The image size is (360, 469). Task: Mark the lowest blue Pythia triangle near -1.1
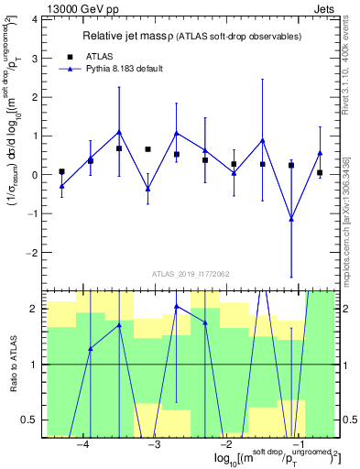click(x=291, y=219)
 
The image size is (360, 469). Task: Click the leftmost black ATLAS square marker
click(x=61, y=171)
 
